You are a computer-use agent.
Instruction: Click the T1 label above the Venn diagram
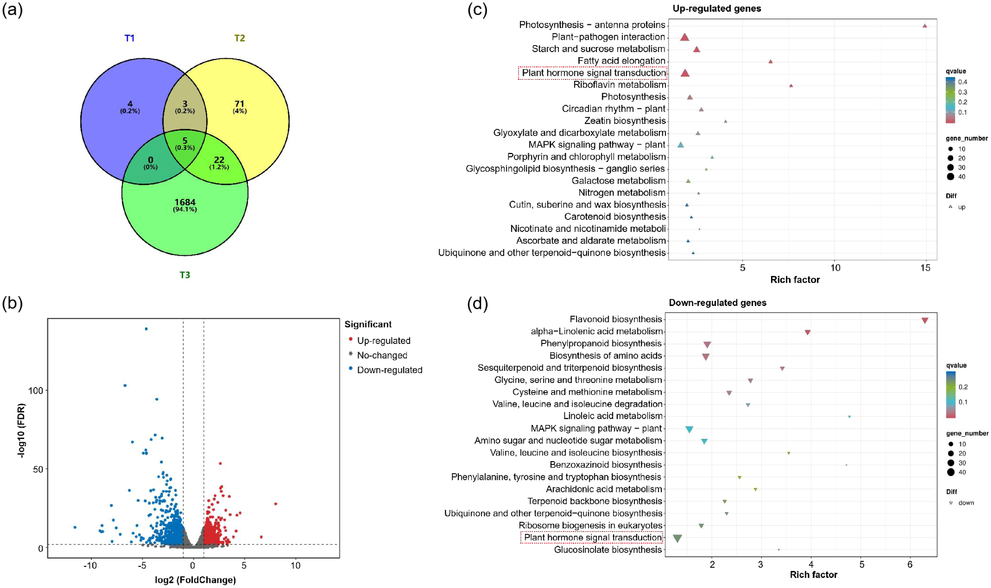coord(129,38)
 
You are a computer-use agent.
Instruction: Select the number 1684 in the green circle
coord(185,202)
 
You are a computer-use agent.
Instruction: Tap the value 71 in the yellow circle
coord(239,104)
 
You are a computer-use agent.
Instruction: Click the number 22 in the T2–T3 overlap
coord(219,160)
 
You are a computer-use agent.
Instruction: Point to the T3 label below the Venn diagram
coord(185,275)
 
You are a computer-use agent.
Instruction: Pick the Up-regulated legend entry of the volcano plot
coord(383,341)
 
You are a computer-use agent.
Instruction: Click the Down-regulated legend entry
coord(389,370)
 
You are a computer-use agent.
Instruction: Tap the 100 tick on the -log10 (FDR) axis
coord(35,391)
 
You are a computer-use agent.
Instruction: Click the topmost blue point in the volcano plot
coord(146,329)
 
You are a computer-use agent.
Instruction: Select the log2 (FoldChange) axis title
coord(195,580)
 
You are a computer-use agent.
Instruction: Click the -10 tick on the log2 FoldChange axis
coord(90,565)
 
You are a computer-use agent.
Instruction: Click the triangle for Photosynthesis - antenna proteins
coord(925,26)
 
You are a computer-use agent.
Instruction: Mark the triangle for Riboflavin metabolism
coord(791,86)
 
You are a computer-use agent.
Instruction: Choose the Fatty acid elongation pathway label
coord(621,61)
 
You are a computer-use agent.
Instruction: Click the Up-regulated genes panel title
coord(717,8)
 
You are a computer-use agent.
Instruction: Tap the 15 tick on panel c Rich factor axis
coord(925,268)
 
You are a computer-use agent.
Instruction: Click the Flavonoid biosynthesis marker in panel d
coord(925,321)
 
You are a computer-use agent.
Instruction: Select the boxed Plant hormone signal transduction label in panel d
coord(593,538)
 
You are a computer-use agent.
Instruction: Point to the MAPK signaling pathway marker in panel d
coord(689,429)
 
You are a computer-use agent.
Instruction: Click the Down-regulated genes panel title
coord(717,303)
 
